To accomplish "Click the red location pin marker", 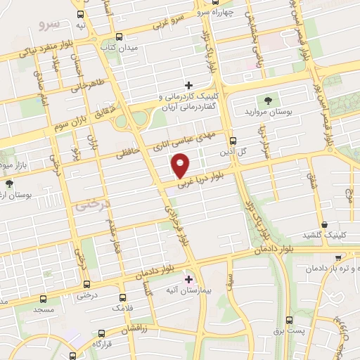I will [181, 165].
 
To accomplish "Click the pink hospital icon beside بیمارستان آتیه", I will [188, 278].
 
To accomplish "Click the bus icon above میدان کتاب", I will [119, 37].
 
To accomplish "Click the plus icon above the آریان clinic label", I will [188, 86].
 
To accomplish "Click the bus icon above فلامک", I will [123, 298].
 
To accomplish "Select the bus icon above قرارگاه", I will [102, 334].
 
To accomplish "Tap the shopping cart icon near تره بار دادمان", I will [340, 257].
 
